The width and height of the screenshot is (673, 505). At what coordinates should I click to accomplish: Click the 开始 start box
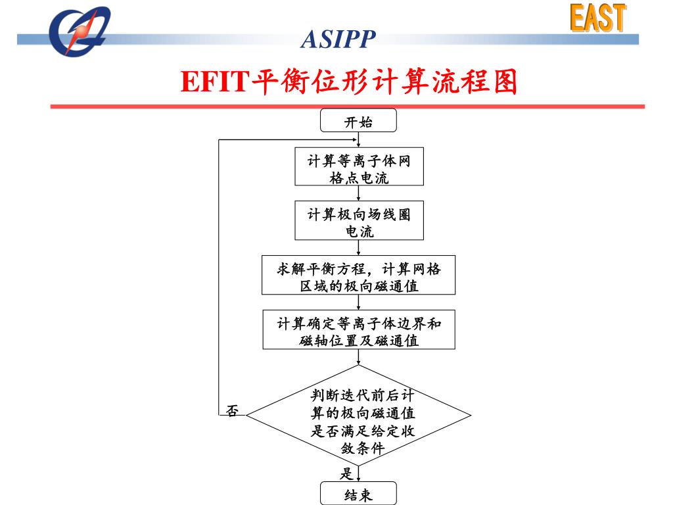[358, 121]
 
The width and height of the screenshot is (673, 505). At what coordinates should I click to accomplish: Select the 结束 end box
[358, 494]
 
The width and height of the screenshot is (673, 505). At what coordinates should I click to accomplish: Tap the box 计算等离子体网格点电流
[358, 168]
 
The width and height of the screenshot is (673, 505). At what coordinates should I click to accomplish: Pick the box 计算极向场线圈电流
[358, 222]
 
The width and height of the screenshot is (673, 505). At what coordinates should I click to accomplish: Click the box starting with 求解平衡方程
[358, 275]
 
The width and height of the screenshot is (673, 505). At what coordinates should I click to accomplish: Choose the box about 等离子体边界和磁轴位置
[358, 330]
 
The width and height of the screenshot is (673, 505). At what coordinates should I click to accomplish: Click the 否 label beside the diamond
[232, 412]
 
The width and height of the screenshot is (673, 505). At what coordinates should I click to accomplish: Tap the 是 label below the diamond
[346, 473]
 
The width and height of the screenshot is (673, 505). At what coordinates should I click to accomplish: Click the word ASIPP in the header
[338, 40]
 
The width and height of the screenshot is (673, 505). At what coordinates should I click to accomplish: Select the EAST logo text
[597, 18]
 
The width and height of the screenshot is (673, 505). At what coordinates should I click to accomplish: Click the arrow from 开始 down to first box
[358, 140]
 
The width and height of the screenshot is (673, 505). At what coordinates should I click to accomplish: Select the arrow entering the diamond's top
[358, 357]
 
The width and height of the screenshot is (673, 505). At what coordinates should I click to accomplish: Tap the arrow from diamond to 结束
[358, 474]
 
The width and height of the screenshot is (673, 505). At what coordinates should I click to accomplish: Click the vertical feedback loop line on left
[219, 276]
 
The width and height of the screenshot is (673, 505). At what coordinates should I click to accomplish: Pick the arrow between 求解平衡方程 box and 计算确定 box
[358, 302]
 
